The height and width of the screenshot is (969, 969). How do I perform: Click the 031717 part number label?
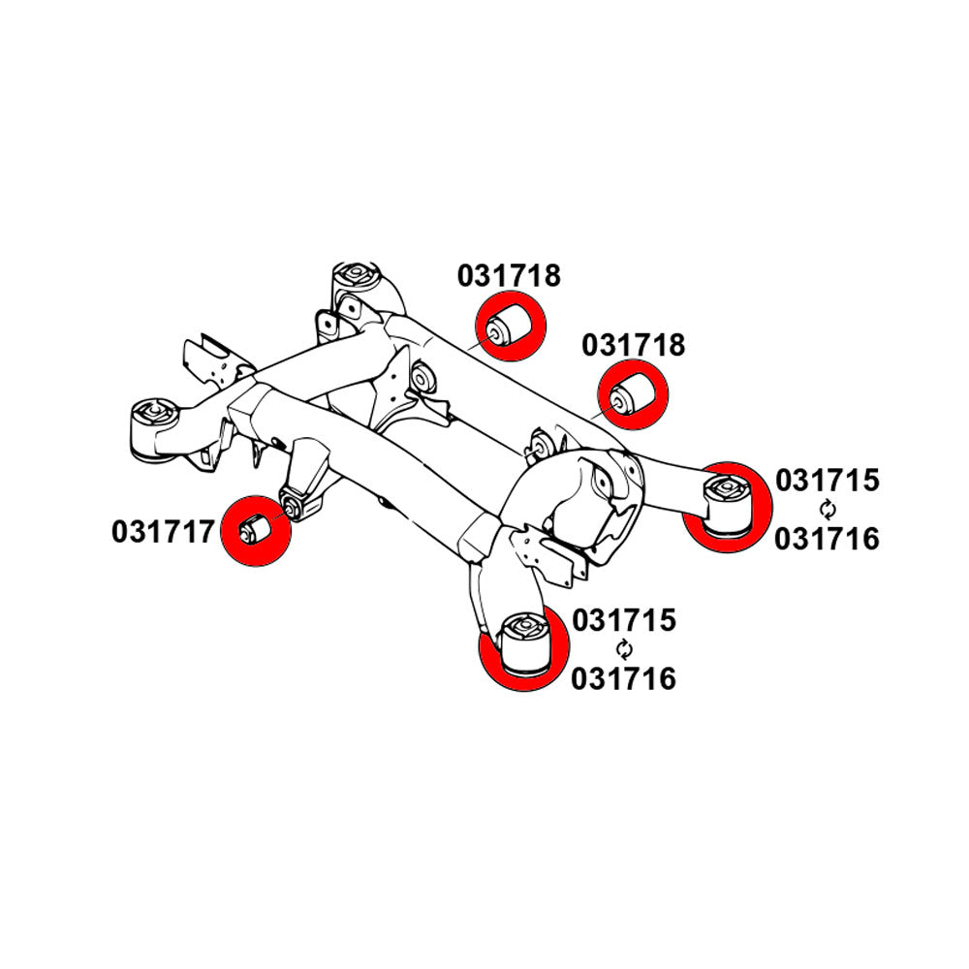click(163, 532)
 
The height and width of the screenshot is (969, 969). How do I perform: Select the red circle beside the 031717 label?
click(256, 531)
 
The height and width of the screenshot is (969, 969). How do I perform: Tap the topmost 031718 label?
click(509, 276)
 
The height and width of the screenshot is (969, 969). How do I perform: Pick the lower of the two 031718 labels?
click(634, 346)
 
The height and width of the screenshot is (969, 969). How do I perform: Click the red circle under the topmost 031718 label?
click(511, 327)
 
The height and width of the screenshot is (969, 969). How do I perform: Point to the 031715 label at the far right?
click(827, 481)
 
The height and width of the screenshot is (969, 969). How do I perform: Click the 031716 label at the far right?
click(827, 540)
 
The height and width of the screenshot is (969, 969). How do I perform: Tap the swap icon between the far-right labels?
click(828, 510)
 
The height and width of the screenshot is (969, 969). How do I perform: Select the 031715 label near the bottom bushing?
click(624, 620)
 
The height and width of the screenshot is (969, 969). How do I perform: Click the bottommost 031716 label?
click(623, 679)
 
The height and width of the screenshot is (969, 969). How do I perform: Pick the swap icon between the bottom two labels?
click(625, 649)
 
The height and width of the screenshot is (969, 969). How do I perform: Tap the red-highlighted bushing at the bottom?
click(524, 642)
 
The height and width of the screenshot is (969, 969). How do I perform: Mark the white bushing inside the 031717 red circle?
click(254, 530)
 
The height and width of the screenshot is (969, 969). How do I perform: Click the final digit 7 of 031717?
click(205, 532)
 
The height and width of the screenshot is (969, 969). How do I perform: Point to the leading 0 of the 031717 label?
click(120, 532)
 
